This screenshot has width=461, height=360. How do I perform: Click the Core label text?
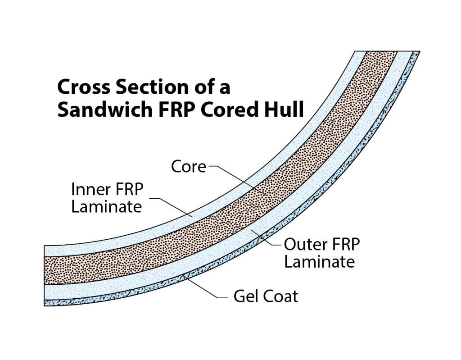point(188,167)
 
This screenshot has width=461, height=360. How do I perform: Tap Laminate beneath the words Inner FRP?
point(107,207)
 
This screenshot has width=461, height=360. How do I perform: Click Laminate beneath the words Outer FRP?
point(319,262)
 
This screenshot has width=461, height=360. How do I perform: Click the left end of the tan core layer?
point(47,270)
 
